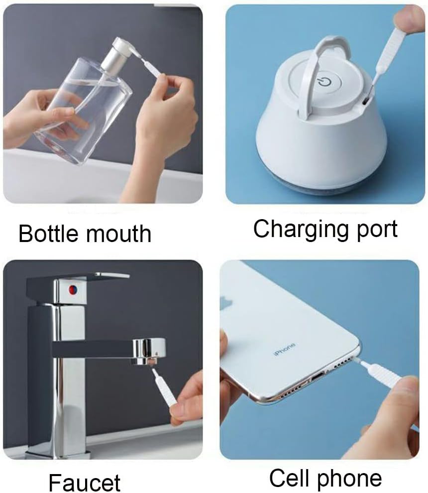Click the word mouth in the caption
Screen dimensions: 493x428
[x=119, y=234]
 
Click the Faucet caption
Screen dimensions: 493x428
[x=84, y=482]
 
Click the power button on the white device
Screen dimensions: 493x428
[x=324, y=81]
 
